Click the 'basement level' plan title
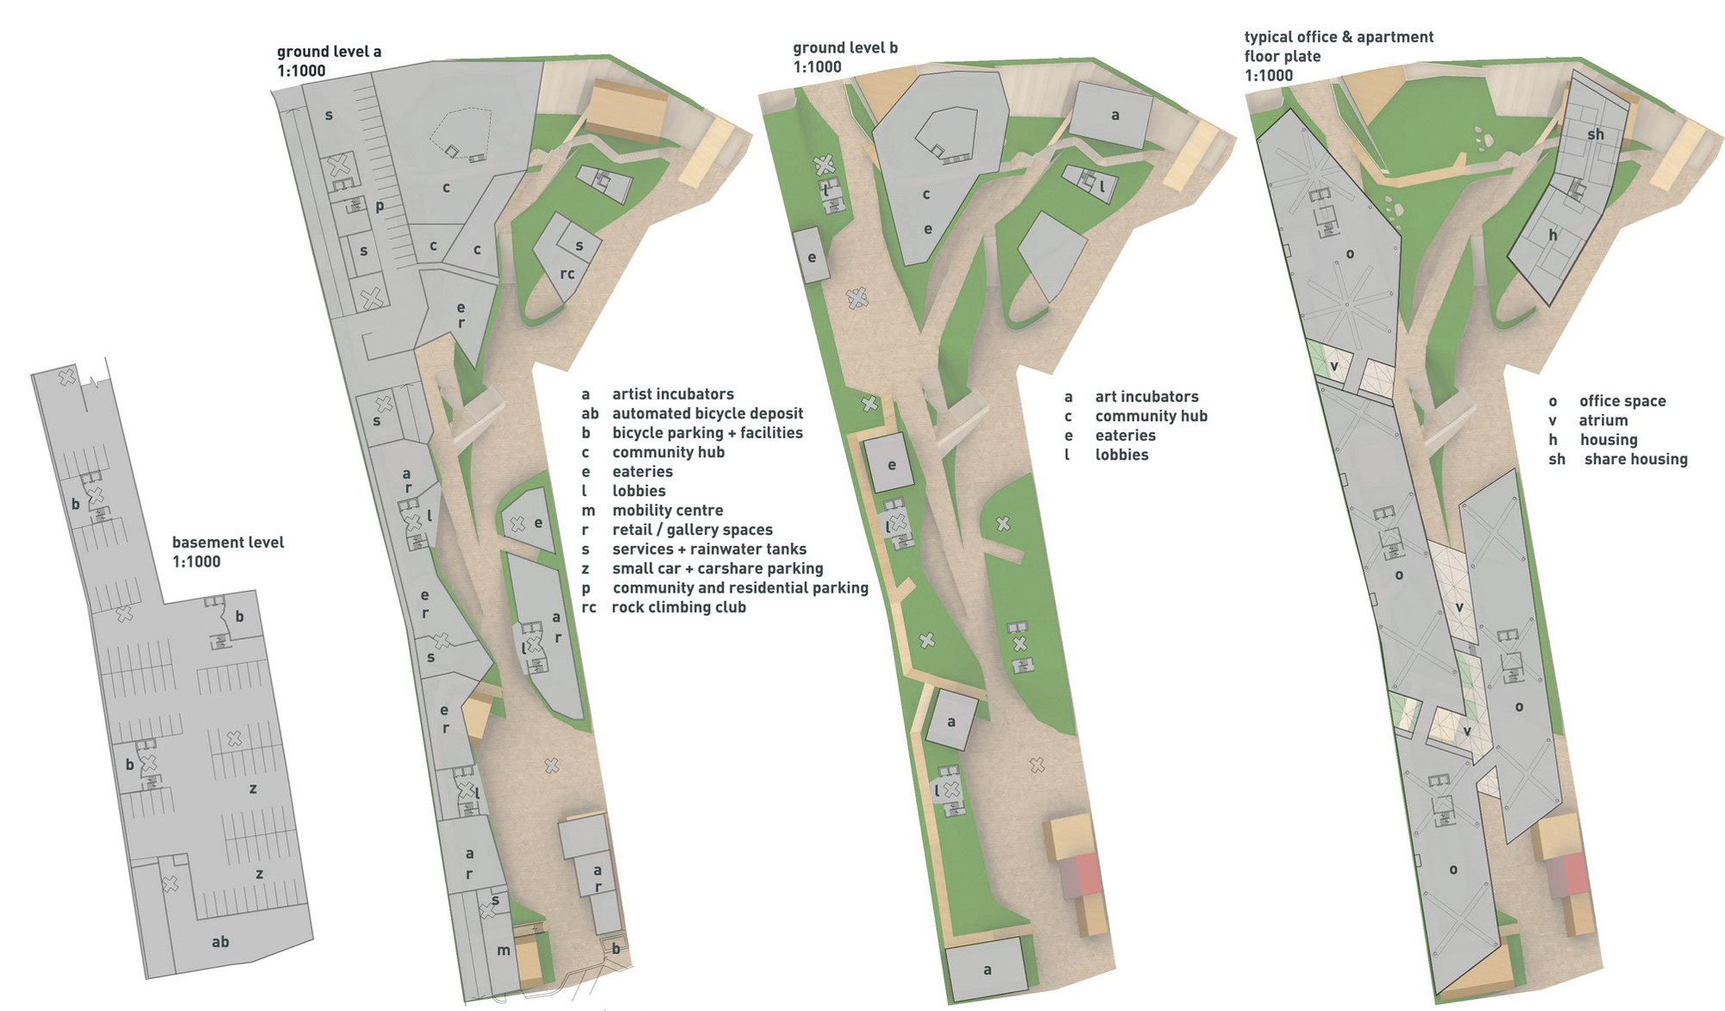(228, 543)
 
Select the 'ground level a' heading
(329, 52)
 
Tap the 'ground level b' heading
(845, 48)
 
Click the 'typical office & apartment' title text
(1339, 37)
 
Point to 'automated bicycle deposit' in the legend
(707, 414)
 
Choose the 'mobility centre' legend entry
(668, 511)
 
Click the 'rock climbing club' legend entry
(679, 607)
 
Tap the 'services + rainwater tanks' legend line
(709, 549)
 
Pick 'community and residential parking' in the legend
(740, 588)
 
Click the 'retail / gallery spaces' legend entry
(693, 530)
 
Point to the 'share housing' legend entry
(1635, 460)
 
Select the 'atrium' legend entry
(1603, 421)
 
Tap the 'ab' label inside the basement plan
(221, 942)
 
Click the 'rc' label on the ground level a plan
(567, 274)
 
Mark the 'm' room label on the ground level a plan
(504, 951)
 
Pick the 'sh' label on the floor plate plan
(1596, 135)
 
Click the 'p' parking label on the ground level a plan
(379, 206)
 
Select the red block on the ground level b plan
(1088, 876)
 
